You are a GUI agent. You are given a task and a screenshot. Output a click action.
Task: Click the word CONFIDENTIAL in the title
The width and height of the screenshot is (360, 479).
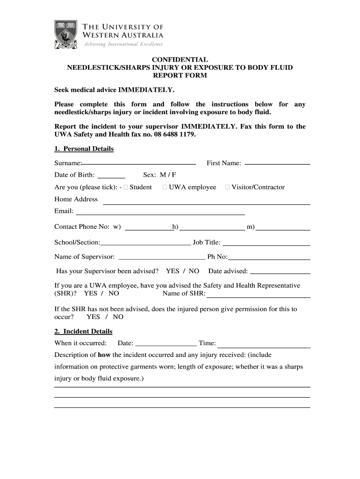180,59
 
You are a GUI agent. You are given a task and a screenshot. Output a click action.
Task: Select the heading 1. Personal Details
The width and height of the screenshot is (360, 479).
84,149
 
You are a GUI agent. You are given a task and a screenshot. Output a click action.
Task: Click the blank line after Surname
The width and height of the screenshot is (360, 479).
139,164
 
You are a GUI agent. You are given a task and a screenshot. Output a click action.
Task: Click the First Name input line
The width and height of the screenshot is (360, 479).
277,164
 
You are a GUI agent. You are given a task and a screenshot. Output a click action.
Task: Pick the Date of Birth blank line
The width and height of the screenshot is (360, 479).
111,177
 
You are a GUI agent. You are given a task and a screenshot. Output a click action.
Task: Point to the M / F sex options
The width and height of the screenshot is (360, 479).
167,175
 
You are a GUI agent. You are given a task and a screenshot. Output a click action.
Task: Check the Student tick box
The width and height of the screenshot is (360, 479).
126,187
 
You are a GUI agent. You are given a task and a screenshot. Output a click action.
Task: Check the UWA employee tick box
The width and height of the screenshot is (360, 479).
165,187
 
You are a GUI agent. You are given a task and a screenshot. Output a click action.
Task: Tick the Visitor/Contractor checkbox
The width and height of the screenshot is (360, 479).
227,187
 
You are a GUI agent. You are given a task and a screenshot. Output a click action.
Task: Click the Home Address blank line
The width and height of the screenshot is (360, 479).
206,203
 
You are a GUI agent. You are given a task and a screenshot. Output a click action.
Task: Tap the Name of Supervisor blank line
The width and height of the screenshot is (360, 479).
162,258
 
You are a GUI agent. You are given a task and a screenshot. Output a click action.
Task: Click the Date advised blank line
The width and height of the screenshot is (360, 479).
281,273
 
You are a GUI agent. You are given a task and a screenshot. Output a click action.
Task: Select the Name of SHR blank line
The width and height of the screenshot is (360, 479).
259,297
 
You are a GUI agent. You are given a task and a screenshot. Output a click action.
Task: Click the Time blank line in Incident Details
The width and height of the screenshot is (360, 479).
264,347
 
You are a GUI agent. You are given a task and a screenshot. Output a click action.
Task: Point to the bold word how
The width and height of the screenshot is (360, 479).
104,355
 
